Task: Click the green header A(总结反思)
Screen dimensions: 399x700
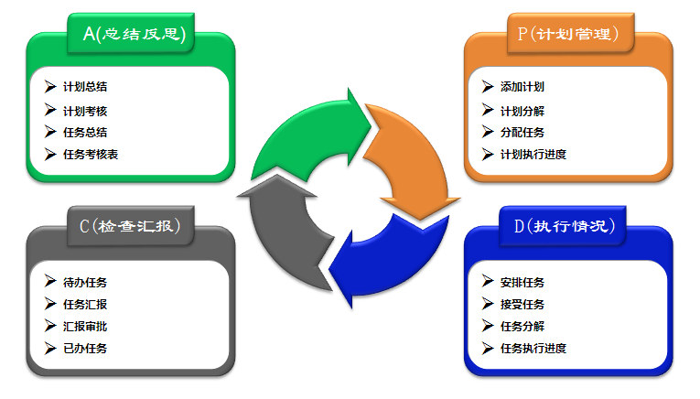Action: (x=135, y=35)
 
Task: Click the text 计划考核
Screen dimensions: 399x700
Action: (x=85, y=111)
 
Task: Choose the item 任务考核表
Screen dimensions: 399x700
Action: (x=91, y=154)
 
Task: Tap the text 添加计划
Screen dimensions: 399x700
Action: (x=522, y=87)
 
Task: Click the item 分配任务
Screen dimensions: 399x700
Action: (x=522, y=132)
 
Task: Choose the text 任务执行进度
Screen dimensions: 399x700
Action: (x=533, y=348)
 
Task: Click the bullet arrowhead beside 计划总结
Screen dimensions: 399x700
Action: (x=50, y=87)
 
